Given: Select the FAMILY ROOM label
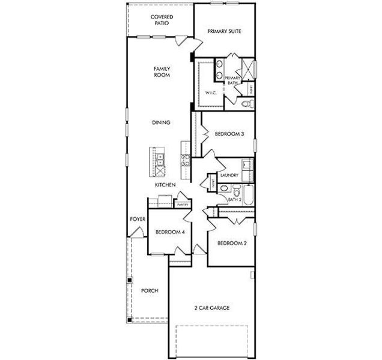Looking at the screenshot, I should click(162, 72).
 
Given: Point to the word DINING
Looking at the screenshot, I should click(161, 122).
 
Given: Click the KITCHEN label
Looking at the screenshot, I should click(165, 185).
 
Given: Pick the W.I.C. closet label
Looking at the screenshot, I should click(210, 93).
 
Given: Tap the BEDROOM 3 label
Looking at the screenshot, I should click(229, 134).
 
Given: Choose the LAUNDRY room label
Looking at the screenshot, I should click(230, 175).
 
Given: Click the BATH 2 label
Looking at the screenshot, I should click(234, 199).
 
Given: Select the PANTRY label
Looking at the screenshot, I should click(183, 205).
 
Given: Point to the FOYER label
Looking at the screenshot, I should click(138, 219).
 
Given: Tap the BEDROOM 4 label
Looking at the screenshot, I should click(169, 232).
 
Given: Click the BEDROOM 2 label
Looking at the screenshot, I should click(231, 243).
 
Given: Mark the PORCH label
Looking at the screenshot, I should click(150, 290).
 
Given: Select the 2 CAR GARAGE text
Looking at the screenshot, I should click(211, 307).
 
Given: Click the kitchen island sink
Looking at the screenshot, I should click(161, 158).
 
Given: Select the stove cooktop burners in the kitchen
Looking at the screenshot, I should click(185, 160).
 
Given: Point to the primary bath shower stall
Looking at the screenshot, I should click(247, 68).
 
